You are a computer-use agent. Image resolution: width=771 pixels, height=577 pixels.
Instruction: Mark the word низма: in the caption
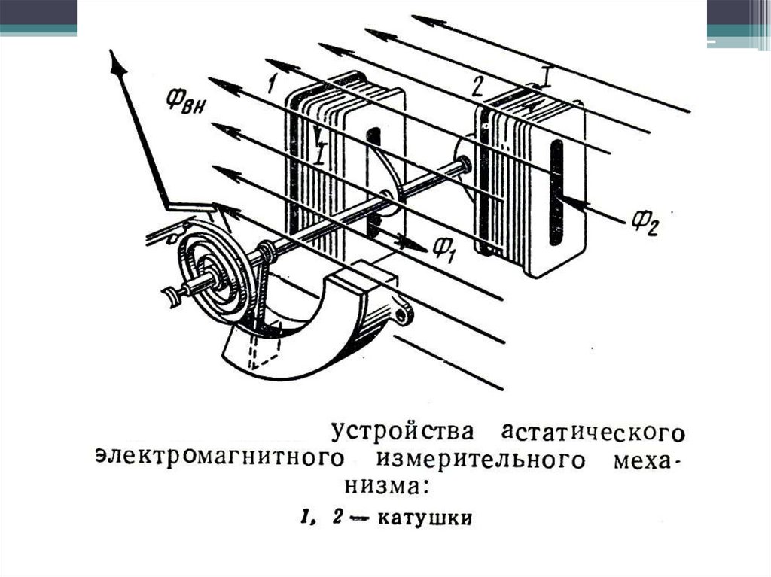click(x=385, y=486)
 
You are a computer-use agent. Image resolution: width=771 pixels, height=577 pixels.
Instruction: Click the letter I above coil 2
click(x=547, y=74)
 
